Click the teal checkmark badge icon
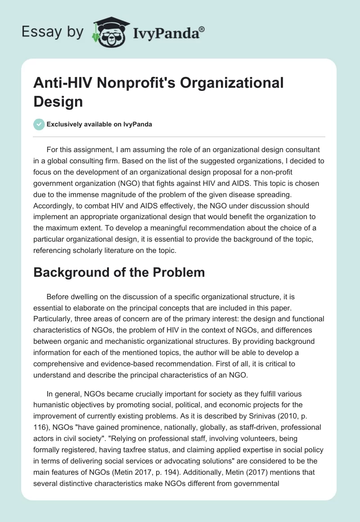coord(39,124)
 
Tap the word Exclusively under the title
coord(66,125)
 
